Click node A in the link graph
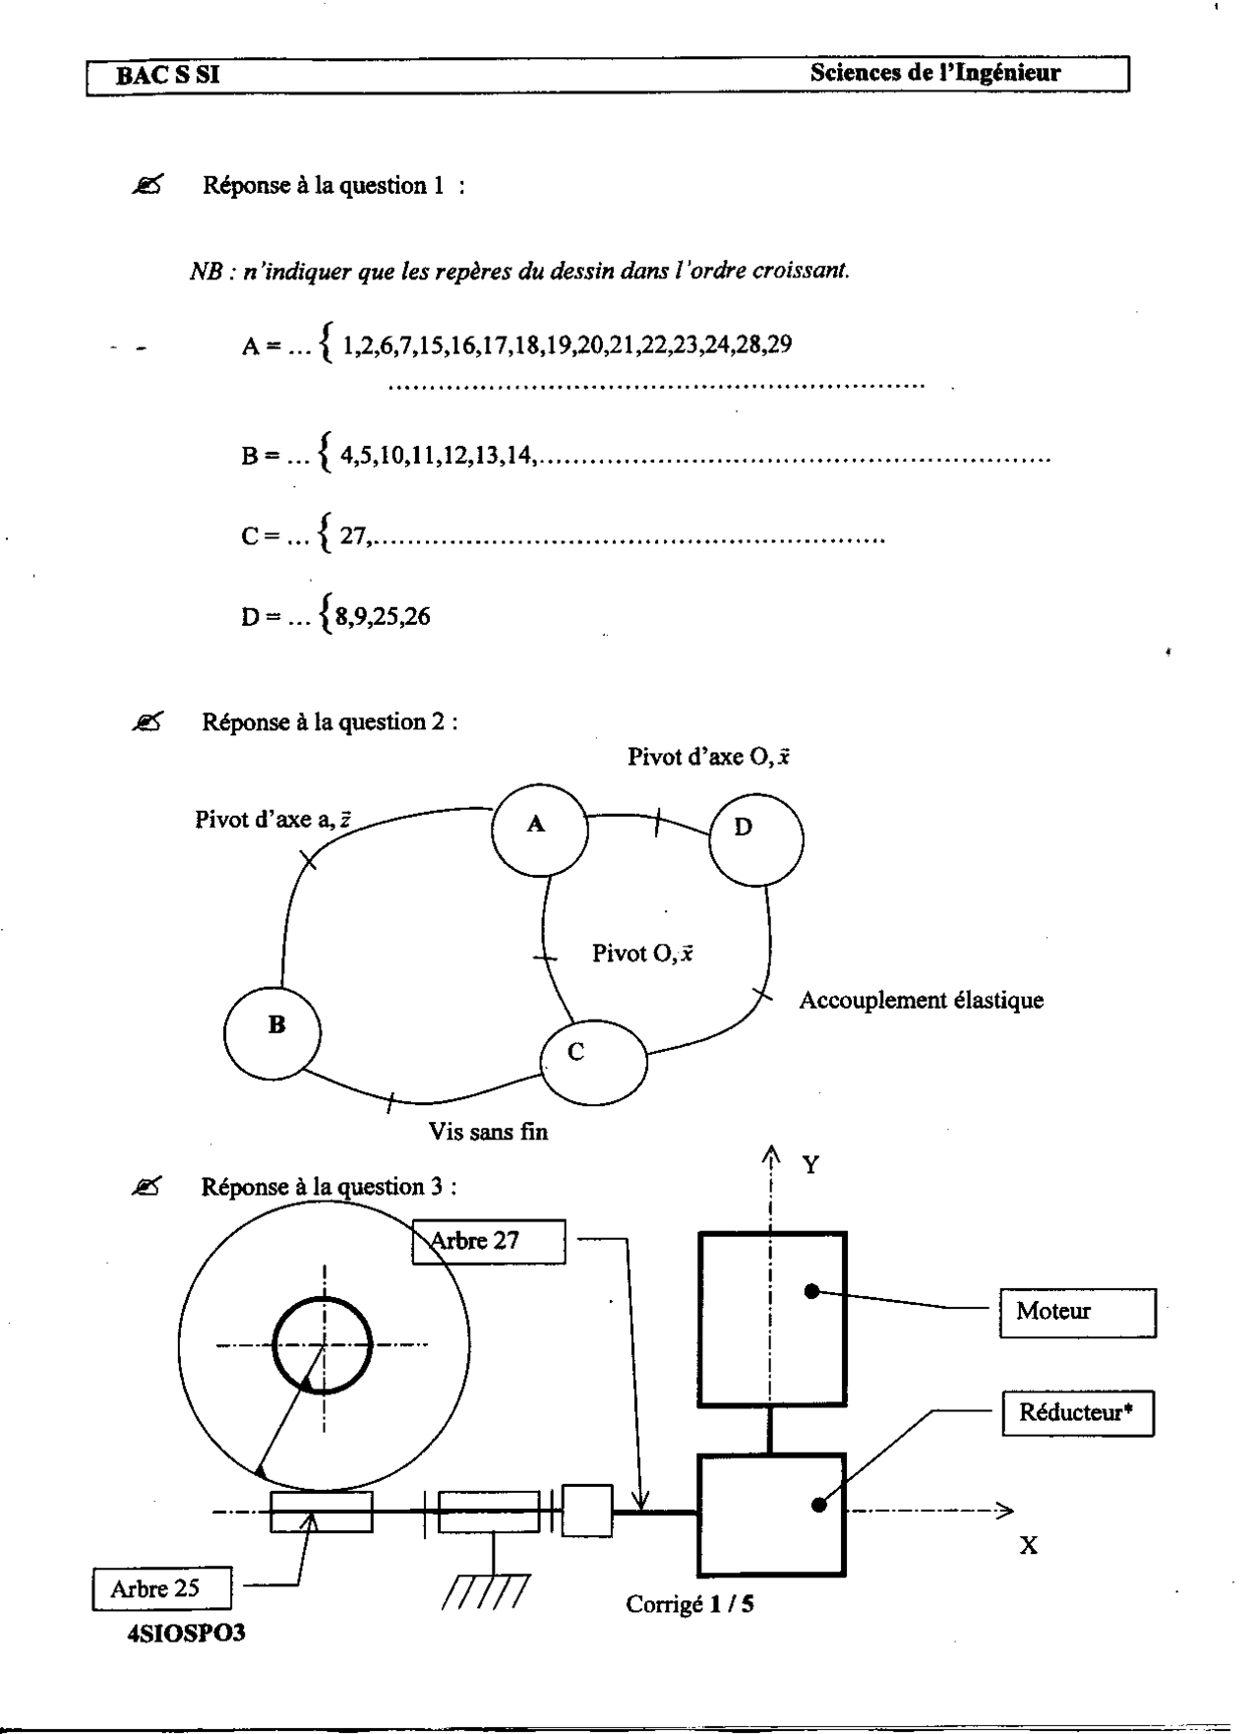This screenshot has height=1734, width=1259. (539, 828)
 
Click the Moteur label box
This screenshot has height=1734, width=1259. (1078, 1311)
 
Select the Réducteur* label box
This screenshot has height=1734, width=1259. (1078, 1413)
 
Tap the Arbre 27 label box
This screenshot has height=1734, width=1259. (489, 1241)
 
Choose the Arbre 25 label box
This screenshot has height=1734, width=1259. (163, 1588)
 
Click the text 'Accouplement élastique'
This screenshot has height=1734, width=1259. (921, 1001)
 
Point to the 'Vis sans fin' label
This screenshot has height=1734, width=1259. (489, 1132)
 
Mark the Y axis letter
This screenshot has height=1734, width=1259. (810, 1166)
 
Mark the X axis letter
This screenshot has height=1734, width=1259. (1028, 1546)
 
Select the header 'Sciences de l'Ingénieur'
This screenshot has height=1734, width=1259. (935, 73)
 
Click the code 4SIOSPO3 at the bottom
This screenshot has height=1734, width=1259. (186, 1634)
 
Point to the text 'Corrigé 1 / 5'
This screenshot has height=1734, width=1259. (690, 1605)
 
